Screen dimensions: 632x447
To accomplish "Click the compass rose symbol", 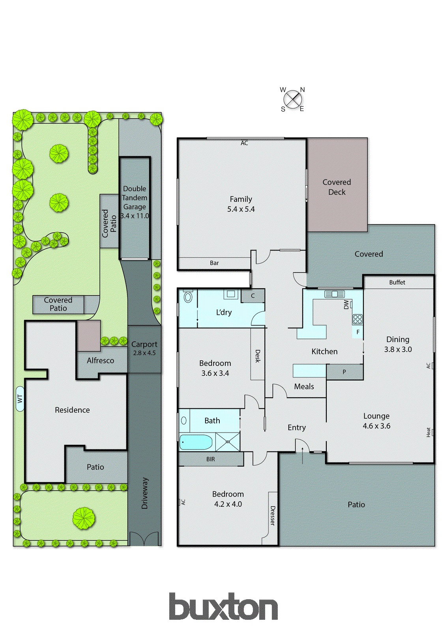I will click(293, 99).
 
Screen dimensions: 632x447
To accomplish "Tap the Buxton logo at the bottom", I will click(223, 607).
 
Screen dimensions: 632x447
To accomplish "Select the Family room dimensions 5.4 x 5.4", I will click(241, 209).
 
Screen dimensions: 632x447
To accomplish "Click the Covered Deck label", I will click(337, 187).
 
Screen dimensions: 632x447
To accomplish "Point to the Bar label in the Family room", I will click(214, 263).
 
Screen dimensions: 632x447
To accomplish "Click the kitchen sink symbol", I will click(334, 294).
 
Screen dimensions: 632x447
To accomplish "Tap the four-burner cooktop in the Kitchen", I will click(357, 319).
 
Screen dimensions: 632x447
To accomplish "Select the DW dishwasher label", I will click(346, 304).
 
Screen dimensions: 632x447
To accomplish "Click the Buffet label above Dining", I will click(397, 282).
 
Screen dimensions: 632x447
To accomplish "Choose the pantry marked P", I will click(344, 372).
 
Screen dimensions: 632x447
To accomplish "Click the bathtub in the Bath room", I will click(196, 442).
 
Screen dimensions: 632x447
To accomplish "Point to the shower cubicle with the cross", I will click(228, 442).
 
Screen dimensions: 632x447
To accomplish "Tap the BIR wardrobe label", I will click(211, 459).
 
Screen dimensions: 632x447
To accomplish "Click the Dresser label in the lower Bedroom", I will click(272, 515).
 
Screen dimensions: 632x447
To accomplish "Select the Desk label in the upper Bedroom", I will click(258, 356).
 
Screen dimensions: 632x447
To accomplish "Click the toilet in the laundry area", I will click(188, 297).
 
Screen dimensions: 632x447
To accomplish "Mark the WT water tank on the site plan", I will click(20, 399).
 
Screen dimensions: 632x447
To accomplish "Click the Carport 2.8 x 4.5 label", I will click(144, 348).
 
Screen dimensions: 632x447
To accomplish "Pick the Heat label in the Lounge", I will click(428, 432).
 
